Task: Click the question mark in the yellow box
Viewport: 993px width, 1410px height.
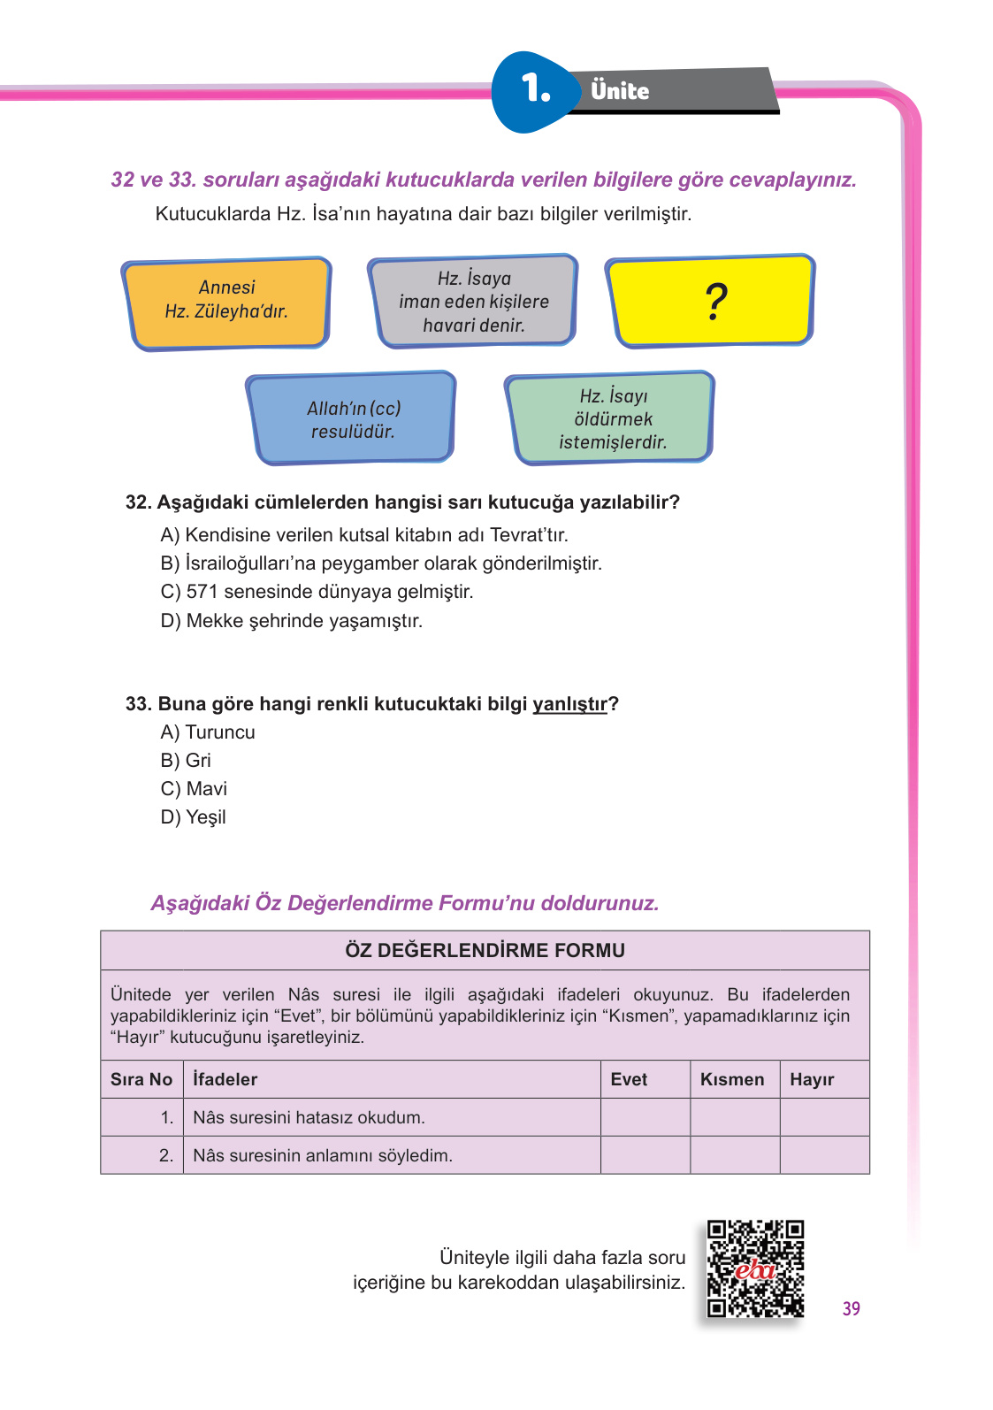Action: click(716, 302)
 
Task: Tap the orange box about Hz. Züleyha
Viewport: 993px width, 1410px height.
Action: click(226, 300)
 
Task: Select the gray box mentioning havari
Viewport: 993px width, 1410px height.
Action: click(474, 302)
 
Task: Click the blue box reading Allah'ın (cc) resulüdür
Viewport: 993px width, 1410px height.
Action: click(353, 419)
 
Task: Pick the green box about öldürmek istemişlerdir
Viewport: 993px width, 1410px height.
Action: click(612, 418)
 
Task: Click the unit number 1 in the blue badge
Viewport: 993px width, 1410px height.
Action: click(535, 88)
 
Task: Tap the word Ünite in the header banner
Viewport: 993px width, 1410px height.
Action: click(620, 90)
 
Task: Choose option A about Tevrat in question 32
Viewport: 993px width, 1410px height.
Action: click(364, 534)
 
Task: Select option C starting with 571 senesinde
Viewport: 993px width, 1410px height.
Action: click(317, 591)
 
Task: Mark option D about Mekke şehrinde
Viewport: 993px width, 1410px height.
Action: click(292, 620)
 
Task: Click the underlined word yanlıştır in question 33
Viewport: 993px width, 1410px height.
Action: click(569, 704)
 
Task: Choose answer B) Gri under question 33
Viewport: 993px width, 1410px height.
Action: click(186, 760)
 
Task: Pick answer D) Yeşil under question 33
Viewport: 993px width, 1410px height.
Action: click(193, 816)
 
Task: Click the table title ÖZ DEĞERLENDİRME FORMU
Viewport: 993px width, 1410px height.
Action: click(485, 950)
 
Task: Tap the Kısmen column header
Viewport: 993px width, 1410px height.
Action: click(732, 1079)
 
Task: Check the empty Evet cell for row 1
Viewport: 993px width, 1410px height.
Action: click(645, 1117)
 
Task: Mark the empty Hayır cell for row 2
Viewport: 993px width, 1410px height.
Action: click(824, 1155)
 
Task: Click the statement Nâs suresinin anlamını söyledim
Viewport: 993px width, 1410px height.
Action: click(323, 1155)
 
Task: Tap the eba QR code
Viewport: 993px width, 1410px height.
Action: click(755, 1269)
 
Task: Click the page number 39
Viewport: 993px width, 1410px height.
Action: click(851, 1308)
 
